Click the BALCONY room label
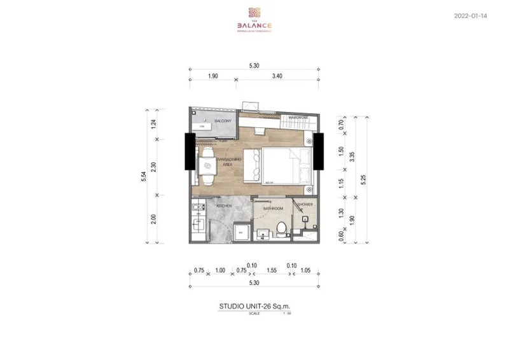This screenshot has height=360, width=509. click(x=222, y=121)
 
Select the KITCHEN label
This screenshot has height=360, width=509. click(x=223, y=207)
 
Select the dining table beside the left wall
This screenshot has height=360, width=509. click(x=207, y=165)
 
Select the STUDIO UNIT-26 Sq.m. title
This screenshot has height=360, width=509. click(x=254, y=306)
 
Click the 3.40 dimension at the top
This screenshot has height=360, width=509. click(x=276, y=75)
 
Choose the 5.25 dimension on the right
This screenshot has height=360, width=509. click(x=363, y=179)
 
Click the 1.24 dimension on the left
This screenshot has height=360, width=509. click(x=155, y=125)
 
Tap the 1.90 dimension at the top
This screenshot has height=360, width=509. click(x=213, y=75)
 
